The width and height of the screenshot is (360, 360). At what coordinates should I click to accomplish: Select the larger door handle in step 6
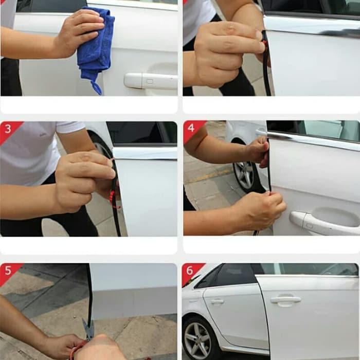[285, 299]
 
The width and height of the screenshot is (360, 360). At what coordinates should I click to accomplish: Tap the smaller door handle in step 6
[217, 301]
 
